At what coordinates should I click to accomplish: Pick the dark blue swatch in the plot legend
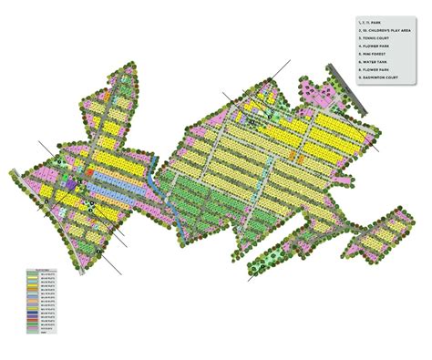click(x=33, y=313)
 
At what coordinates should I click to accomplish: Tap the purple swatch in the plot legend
click(x=33, y=317)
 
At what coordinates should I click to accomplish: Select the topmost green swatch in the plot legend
click(x=33, y=273)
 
